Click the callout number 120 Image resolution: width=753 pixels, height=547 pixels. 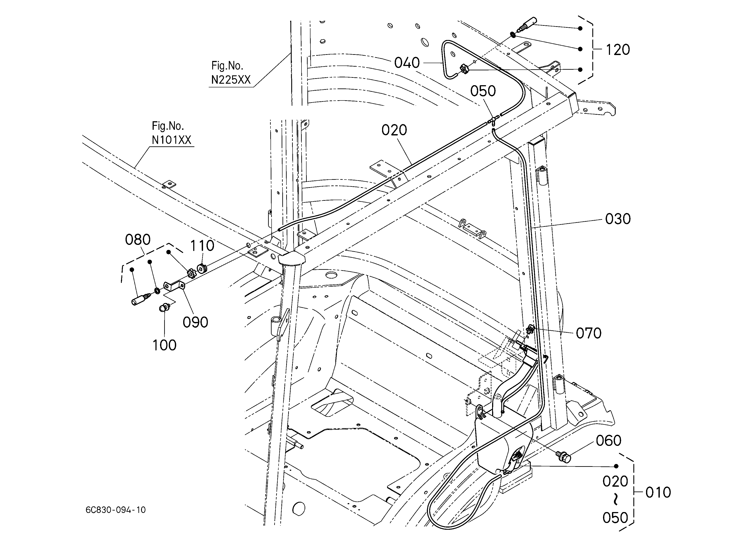point(618,50)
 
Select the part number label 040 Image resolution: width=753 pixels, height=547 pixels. point(407,63)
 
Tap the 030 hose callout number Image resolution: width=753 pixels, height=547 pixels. point(618,219)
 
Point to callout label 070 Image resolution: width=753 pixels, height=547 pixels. point(589,333)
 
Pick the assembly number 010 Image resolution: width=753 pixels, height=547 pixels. point(658,493)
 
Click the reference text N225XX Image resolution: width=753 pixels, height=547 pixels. point(231,80)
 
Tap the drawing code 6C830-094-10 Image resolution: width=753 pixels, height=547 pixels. point(115,510)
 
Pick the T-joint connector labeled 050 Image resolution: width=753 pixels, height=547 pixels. point(494,120)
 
